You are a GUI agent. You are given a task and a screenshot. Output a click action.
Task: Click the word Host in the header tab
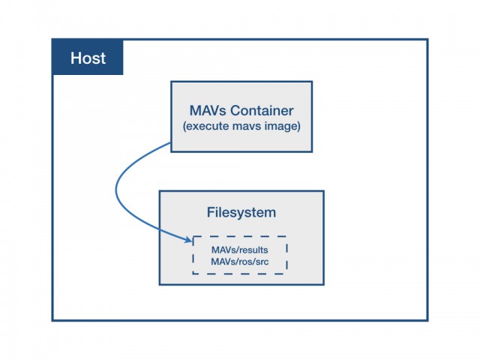88,58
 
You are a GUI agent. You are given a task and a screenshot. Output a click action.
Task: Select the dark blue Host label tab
88,57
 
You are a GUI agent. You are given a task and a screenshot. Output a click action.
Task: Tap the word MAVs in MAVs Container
208,110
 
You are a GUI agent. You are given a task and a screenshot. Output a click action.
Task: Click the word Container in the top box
262,110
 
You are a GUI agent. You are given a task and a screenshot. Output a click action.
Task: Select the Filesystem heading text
241,212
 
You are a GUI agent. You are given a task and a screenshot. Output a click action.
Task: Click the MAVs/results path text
240,250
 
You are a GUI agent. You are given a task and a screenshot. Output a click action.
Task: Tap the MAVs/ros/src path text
240,262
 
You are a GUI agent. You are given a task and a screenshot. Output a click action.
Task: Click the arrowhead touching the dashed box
188,239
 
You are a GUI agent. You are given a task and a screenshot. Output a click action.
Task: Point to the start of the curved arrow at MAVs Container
170,142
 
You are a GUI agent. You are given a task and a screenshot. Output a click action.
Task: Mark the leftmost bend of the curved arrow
116,190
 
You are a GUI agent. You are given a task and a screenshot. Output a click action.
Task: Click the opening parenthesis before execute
184,127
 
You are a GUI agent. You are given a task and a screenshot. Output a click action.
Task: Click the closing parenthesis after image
298,127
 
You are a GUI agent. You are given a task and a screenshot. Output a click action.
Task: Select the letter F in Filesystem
211,212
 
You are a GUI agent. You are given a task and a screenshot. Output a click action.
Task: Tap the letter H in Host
75,58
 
